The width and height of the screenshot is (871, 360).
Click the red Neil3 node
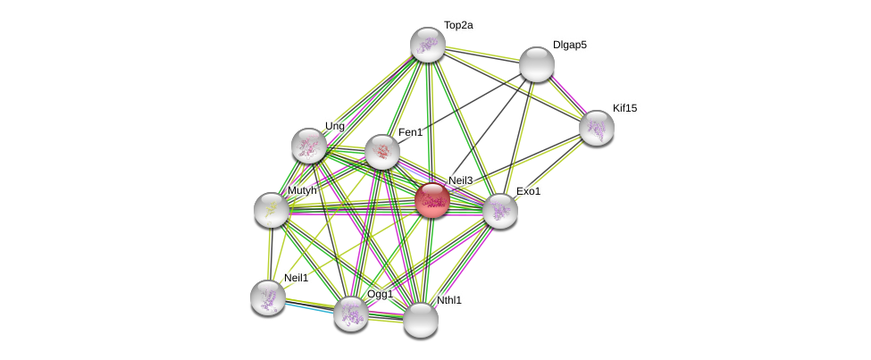432,200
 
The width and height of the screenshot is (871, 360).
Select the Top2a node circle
428,45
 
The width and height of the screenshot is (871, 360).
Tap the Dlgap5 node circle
537,64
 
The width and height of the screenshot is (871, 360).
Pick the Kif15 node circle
597,128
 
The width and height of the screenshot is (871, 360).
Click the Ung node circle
309,146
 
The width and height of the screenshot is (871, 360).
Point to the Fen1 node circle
382,152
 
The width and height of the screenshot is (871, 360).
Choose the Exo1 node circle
500,211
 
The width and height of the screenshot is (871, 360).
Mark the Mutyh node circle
272,210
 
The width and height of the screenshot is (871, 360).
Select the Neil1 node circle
268,297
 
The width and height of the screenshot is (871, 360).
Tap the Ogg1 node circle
351,314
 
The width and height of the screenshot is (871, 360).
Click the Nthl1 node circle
421,320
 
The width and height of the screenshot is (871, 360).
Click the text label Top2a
458,26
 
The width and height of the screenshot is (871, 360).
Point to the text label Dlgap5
570,45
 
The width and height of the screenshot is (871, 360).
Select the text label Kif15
624,108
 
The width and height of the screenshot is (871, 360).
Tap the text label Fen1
410,132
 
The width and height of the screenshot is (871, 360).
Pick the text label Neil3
460,180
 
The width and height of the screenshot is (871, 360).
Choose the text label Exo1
528,191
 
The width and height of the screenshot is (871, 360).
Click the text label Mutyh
302,190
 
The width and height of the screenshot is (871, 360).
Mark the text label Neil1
296,278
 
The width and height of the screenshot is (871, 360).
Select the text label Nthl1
449,300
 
